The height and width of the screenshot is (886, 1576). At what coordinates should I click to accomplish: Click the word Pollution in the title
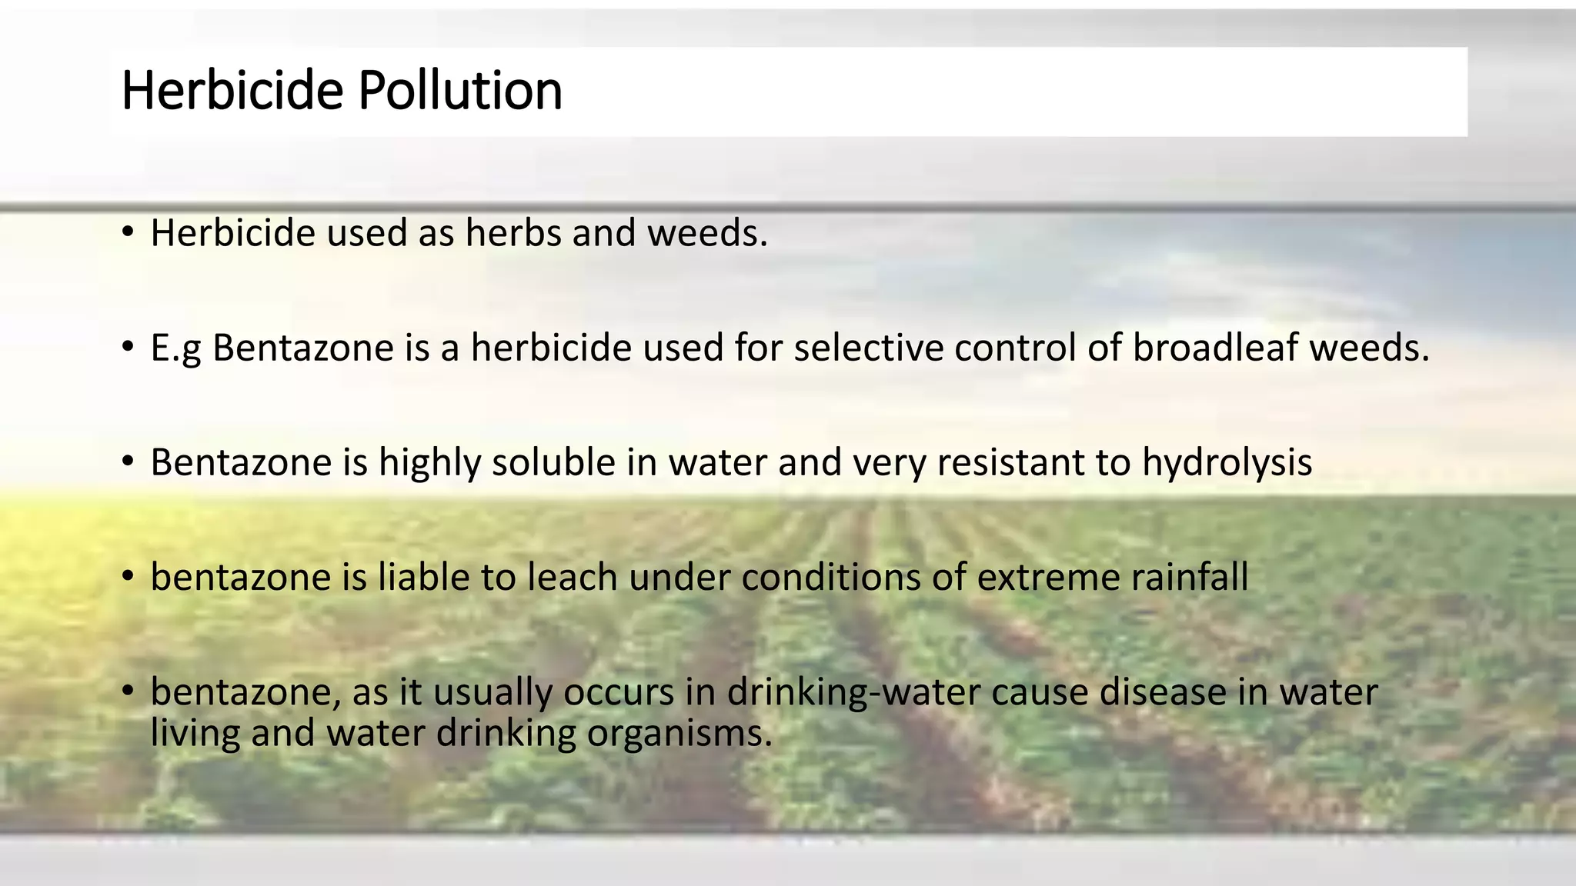[x=459, y=91]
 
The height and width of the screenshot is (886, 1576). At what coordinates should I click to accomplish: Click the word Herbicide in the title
[x=232, y=91]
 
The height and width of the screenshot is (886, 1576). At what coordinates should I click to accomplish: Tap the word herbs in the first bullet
[x=513, y=233]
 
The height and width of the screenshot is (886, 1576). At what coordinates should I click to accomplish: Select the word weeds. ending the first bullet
[x=707, y=233]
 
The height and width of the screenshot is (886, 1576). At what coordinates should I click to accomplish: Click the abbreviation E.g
[x=175, y=348]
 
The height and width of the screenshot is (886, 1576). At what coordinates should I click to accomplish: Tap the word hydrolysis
[x=1227, y=462]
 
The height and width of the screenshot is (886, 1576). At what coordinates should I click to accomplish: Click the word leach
[x=572, y=578]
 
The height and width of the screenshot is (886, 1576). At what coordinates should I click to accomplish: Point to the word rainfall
[x=1189, y=578]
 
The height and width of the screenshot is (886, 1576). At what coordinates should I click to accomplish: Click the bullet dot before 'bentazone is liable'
[x=128, y=576]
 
